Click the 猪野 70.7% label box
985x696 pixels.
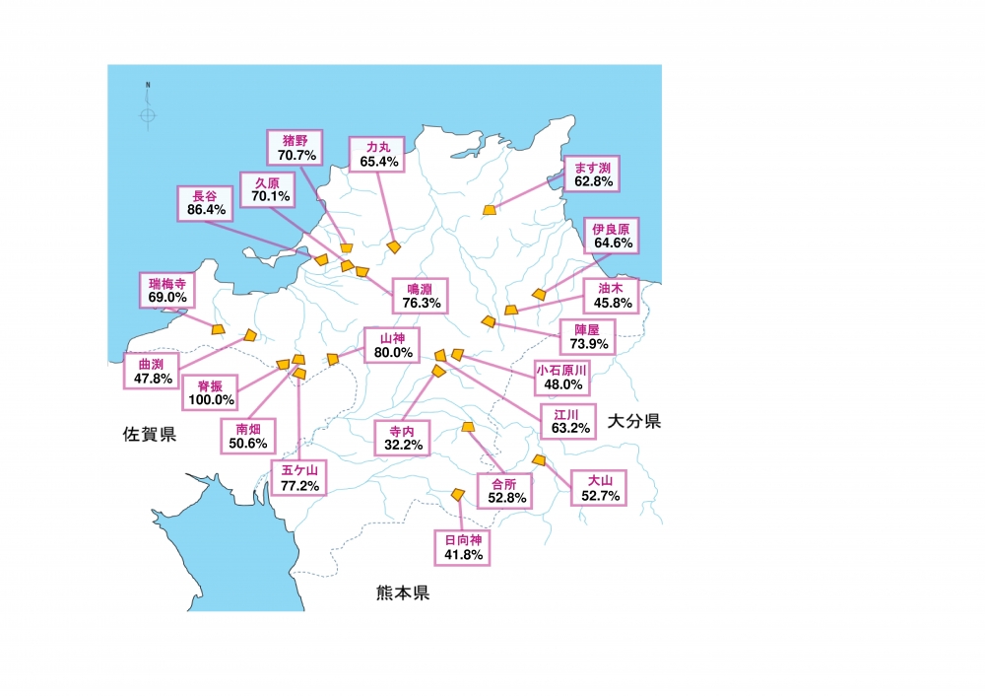(294, 148)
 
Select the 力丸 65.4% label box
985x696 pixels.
(378, 154)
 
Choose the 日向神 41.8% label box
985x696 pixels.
(462, 547)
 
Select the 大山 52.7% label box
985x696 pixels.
(601, 488)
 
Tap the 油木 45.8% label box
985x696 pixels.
(610, 296)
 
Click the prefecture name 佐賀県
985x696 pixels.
(150, 434)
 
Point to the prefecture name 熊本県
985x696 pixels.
(403, 593)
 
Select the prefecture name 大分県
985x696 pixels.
(633, 422)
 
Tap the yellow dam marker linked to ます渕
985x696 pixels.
(491, 210)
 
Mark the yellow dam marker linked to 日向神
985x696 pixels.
(457, 494)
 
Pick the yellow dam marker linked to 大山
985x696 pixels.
(538, 460)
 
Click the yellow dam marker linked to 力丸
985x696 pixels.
(394, 247)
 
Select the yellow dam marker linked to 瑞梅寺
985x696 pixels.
(218, 330)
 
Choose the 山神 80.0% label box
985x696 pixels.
(391, 345)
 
